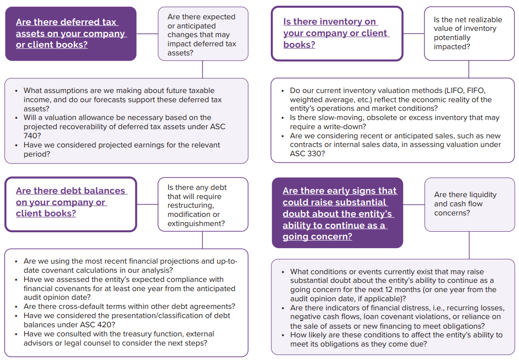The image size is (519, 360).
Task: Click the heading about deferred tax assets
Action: (70, 34)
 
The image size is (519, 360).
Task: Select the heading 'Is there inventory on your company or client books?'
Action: (336, 33)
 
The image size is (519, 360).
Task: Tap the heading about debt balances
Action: (71, 202)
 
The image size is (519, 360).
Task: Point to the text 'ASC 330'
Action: (305, 154)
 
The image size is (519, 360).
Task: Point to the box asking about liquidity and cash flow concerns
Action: (469, 204)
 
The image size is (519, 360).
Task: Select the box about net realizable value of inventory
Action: (469, 33)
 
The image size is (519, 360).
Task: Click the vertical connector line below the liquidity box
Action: (469, 245)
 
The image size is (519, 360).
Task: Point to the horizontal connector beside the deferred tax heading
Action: (147, 34)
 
